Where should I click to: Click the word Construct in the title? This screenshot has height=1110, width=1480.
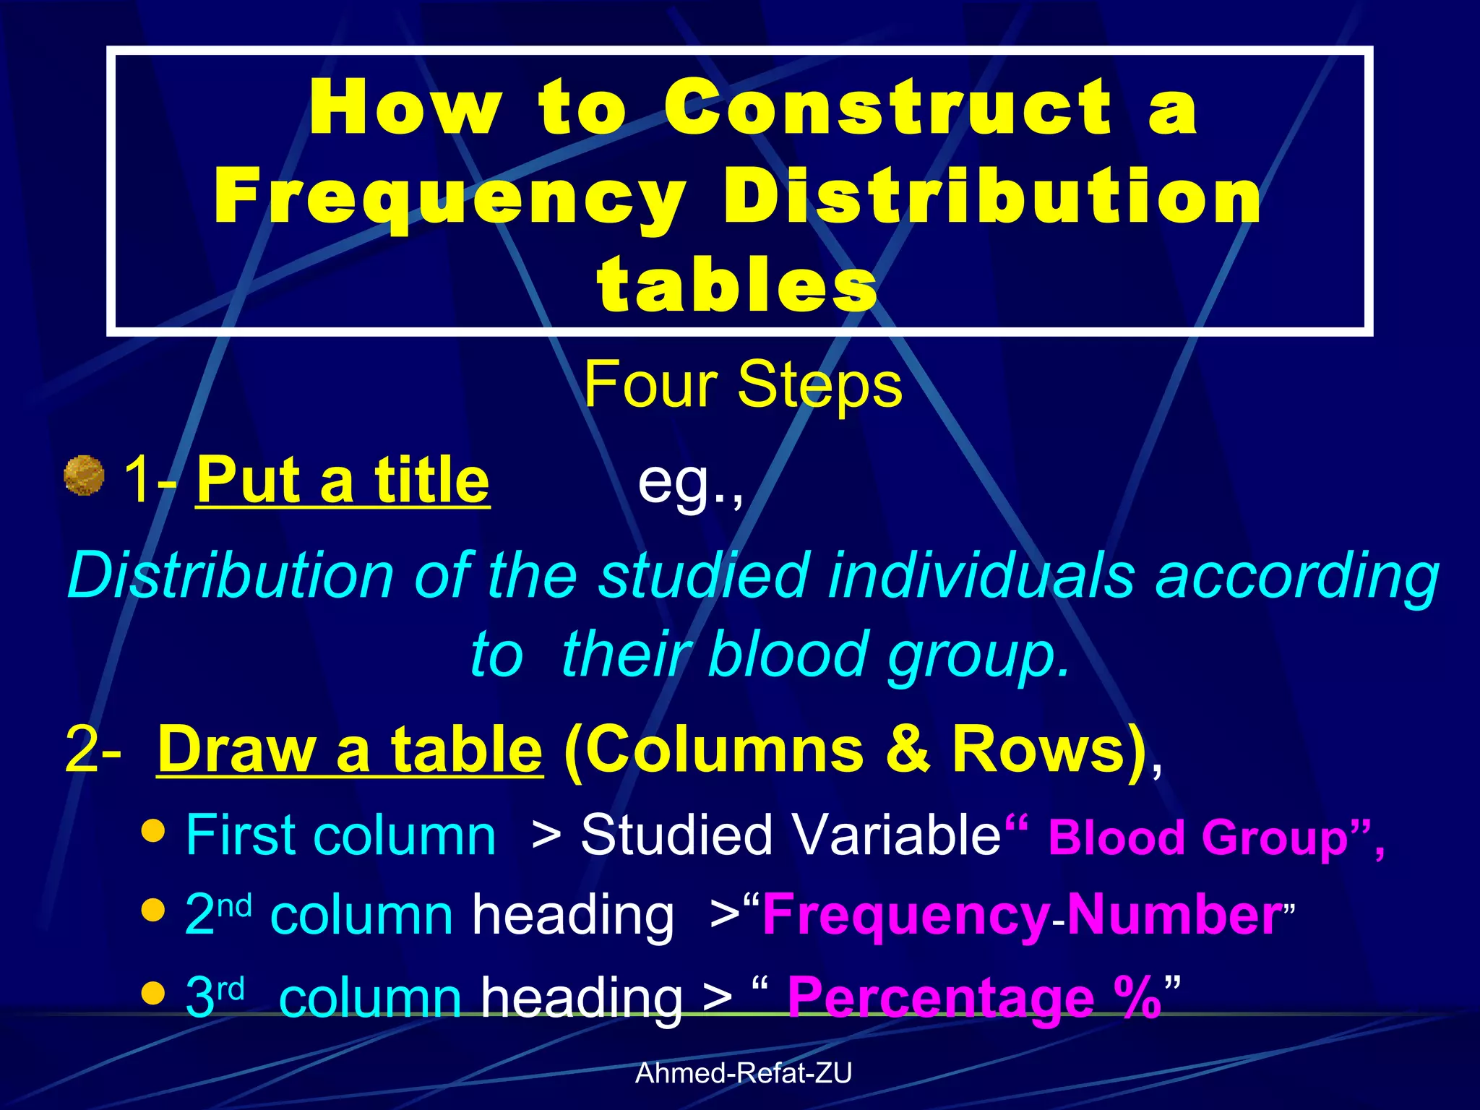pos(888,108)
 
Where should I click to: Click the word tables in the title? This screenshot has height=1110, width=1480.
pos(738,286)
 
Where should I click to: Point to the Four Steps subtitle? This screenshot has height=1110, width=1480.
pos(743,385)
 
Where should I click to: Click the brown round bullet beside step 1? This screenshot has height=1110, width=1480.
pos(84,476)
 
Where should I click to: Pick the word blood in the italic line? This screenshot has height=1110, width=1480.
pos(787,655)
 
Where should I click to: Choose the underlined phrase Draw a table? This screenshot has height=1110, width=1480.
pos(350,749)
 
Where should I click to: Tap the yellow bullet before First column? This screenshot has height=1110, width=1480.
pos(153,831)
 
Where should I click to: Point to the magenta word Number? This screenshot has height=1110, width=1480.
pos(1174,916)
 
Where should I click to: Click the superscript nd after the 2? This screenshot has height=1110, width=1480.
pos(234,905)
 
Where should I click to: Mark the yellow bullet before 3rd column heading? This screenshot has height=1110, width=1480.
pos(153,993)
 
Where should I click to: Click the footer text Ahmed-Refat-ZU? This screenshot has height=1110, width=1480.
pos(743,1074)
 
